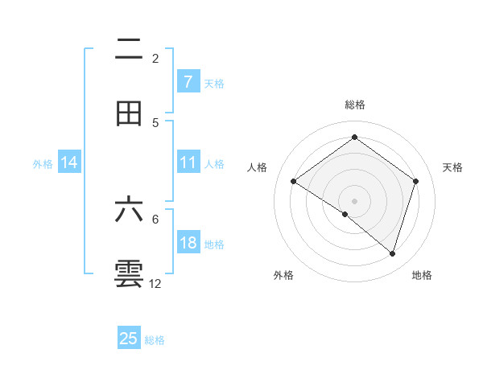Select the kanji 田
click(x=129, y=113)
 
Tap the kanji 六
click(x=129, y=210)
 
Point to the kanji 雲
click(x=129, y=274)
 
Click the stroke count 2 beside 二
click(x=155, y=58)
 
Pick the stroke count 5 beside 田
click(x=155, y=122)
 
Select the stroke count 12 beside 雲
click(x=155, y=283)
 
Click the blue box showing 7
click(x=188, y=82)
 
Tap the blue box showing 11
click(x=188, y=162)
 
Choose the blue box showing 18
click(x=188, y=243)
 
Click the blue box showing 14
click(x=69, y=162)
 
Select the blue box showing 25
click(x=129, y=339)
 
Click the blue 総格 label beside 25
click(x=155, y=340)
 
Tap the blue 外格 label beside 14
click(x=43, y=163)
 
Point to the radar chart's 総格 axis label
click(x=355, y=105)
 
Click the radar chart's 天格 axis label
click(x=452, y=167)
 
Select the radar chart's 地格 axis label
click(x=422, y=275)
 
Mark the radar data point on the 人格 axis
click(x=294, y=182)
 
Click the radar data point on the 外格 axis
click(x=345, y=214)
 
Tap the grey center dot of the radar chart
click(x=355, y=200)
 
